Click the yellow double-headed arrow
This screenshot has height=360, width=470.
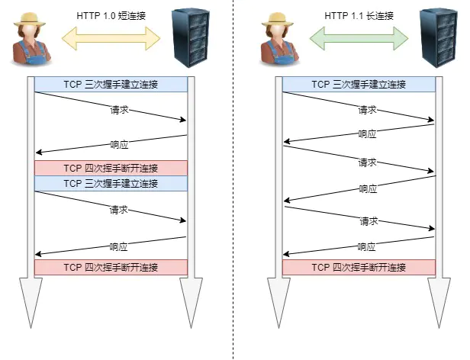click(111, 36)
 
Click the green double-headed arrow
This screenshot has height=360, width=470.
click(359, 36)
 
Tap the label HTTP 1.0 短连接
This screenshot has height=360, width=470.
click(111, 14)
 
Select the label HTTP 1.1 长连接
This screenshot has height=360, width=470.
click(359, 14)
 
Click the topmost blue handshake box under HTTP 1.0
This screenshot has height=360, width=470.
click(111, 85)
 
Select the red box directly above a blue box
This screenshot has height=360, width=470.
click(111, 168)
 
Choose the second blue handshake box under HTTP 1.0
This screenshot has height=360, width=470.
click(111, 183)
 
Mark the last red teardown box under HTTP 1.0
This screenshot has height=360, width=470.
click(111, 267)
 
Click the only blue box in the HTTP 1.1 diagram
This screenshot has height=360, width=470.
click(359, 85)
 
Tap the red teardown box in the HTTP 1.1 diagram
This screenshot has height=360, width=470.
click(359, 267)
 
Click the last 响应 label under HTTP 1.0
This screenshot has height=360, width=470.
click(119, 246)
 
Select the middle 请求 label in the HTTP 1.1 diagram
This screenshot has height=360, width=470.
click(367, 162)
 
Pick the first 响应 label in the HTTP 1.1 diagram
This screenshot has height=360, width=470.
click(367, 133)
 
